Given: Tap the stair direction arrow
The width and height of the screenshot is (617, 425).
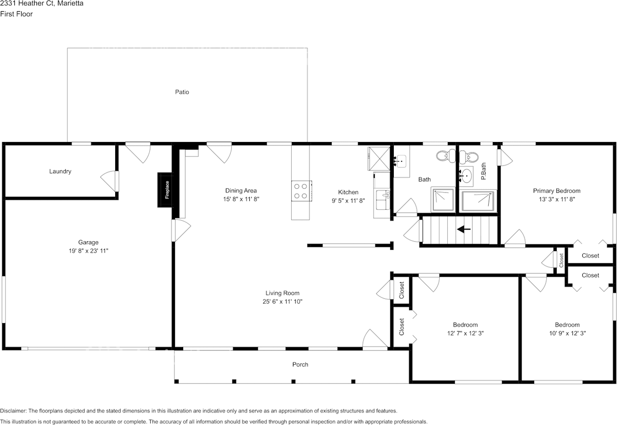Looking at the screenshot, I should pos(464,230).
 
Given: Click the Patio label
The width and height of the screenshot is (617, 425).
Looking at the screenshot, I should pos(182,91).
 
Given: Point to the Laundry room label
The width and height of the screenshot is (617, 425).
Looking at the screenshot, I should pos(60,171).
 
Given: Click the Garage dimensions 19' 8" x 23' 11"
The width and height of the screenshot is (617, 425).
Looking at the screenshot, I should pos(88,251).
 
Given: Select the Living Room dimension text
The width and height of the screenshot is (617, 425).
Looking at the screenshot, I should pos(282,301).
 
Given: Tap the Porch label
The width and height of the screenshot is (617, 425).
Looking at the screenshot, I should pos(300,364).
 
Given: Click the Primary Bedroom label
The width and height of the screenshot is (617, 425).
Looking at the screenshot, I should pos(556,191).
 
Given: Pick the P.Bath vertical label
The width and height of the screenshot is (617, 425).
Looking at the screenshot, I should pos(483,172).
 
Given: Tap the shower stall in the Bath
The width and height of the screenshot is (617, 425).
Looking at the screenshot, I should pos(443,199).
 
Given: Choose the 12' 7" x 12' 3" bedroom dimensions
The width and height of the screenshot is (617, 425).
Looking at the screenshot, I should pos(465,333).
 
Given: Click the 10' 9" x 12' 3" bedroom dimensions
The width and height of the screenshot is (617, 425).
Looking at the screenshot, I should pos(567,333).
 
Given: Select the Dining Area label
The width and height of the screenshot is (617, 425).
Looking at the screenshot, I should pos(241,191).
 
